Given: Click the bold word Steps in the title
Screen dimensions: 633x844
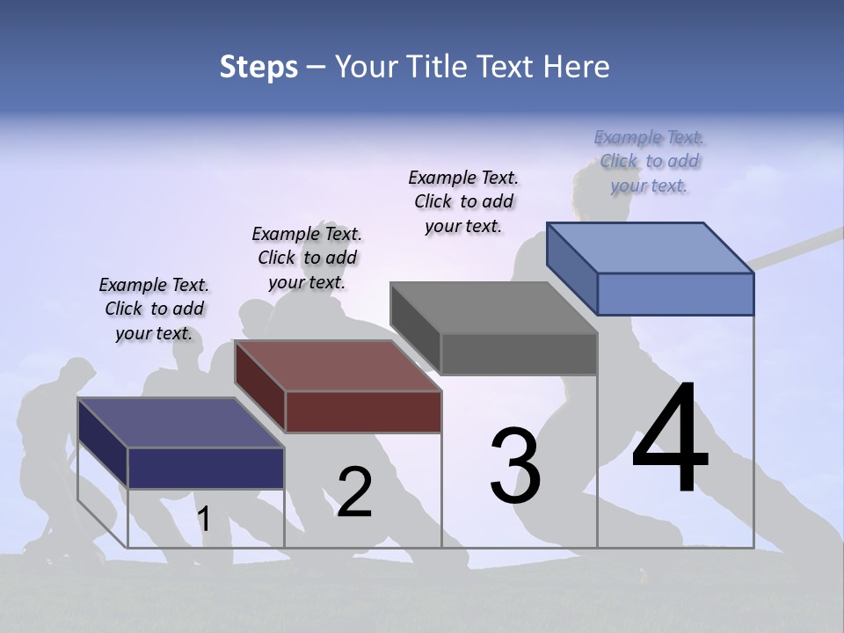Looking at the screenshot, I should pyautogui.click(x=258, y=67).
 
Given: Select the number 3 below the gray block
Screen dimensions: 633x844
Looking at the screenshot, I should pyautogui.click(x=515, y=466).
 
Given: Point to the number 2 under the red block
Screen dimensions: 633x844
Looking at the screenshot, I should pyautogui.click(x=354, y=492).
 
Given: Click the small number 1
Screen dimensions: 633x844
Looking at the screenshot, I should pyautogui.click(x=204, y=519).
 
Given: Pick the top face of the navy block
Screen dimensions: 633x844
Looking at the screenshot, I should pyautogui.click(x=181, y=423).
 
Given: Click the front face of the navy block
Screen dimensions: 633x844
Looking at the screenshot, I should pyautogui.click(x=206, y=468).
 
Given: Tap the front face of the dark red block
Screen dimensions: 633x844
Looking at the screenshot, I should pyautogui.click(x=363, y=411).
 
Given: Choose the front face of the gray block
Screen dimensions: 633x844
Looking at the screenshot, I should pyautogui.click(x=519, y=354).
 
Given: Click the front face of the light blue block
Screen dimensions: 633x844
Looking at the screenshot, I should pyautogui.click(x=675, y=294).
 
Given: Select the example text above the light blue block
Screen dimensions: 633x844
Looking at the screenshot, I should pyautogui.click(x=649, y=161).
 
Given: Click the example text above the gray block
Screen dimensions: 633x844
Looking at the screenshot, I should pyautogui.click(x=463, y=201).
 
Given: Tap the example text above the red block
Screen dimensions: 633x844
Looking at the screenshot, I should pyautogui.click(x=307, y=258).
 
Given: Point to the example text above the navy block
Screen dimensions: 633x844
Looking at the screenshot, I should pyautogui.click(x=154, y=309).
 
